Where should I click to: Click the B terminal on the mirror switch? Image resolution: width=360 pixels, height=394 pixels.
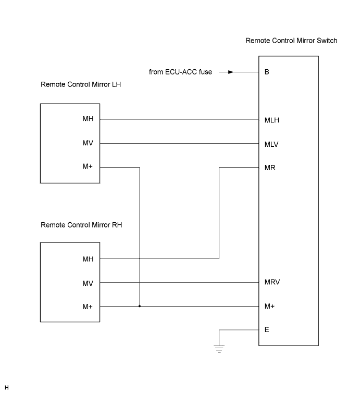[x=267, y=72]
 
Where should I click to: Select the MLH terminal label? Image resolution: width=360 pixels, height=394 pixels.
[x=272, y=120]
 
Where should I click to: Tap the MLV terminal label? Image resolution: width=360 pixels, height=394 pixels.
[x=271, y=145]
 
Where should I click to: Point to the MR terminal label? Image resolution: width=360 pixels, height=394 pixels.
[x=270, y=168]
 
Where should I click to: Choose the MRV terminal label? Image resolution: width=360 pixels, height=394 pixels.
[x=272, y=282]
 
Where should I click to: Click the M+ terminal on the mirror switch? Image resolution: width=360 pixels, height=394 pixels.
[x=269, y=307]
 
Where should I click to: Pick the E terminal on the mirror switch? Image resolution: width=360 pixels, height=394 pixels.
[x=267, y=329]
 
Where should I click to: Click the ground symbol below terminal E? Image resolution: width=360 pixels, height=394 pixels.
[x=219, y=349]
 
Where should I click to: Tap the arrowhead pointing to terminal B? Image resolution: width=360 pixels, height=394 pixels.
[x=231, y=72]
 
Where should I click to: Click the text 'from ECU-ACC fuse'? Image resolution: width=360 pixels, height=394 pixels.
[x=180, y=72]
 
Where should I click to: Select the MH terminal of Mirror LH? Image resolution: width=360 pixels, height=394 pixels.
[x=88, y=119]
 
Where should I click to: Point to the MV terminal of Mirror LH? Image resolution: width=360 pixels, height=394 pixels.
[x=88, y=143]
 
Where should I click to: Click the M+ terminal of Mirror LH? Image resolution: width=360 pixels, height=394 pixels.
[x=88, y=167]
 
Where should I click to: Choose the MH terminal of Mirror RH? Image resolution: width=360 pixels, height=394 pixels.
[x=88, y=259]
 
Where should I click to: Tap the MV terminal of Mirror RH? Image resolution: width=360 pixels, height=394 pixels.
[x=88, y=284]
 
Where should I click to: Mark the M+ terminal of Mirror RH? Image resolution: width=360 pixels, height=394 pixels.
[x=88, y=307]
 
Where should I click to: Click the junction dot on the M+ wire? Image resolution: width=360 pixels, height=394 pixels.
[x=140, y=307]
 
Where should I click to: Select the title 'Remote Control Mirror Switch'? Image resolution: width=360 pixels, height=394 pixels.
[x=291, y=41]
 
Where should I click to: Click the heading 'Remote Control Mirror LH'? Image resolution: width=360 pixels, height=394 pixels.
[x=81, y=84]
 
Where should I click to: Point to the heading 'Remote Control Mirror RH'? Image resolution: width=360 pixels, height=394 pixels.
[x=81, y=225]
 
